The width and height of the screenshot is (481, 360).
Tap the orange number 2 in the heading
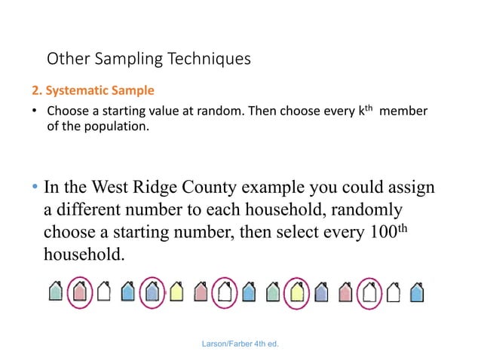click(x=34, y=91)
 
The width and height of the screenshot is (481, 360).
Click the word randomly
click(x=358, y=209)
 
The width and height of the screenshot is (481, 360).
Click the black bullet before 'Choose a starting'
click(x=34, y=112)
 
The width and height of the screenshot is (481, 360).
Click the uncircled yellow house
click(x=176, y=291)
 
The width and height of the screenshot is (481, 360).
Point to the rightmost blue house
click(x=416, y=291)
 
